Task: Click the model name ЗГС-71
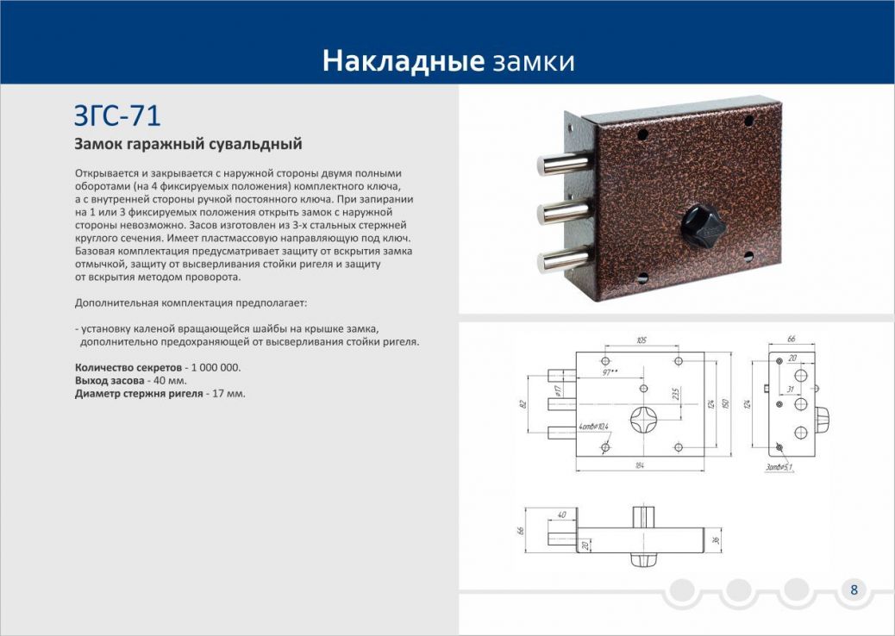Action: (x=117, y=115)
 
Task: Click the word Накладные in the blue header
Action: (x=403, y=61)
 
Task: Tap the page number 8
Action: (x=854, y=589)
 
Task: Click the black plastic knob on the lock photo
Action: (x=703, y=226)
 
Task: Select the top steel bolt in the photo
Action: (x=564, y=165)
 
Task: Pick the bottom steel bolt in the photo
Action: (x=564, y=260)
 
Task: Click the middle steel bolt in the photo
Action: (x=564, y=213)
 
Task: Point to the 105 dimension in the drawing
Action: (x=641, y=340)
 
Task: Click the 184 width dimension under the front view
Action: (x=639, y=466)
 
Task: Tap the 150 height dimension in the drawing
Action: (x=726, y=403)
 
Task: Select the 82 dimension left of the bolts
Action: (x=523, y=404)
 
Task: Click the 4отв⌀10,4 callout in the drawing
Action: (x=593, y=427)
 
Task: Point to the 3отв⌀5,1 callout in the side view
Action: (x=779, y=468)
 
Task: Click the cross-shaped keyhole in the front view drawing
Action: (x=644, y=420)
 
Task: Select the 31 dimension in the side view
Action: (x=790, y=389)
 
